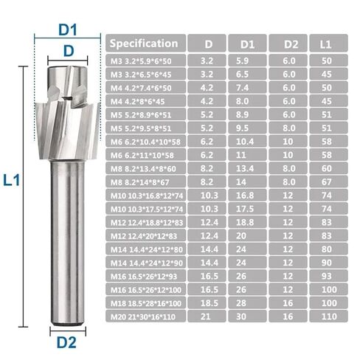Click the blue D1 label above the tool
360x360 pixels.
(x=69, y=30)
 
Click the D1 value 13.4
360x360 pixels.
(x=247, y=169)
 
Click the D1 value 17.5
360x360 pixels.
(x=247, y=209)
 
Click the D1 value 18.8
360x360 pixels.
(x=247, y=222)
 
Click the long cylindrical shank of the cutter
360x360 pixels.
(x=69, y=243)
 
